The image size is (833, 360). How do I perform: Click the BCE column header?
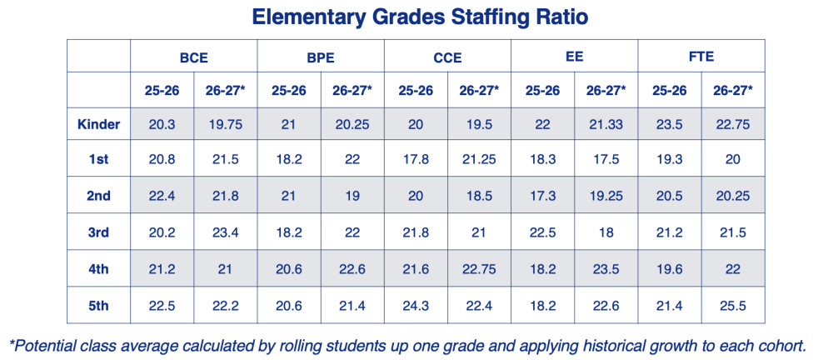click(x=193, y=58)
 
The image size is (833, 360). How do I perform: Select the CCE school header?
click(x=447, y=58)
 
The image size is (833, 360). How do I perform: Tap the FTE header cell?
click(x=701, y=58)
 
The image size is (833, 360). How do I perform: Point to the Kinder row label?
click(x=98, y=125)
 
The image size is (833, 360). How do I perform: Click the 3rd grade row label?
click(x=98, y=233)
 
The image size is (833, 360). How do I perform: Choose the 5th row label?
click(x=98, y=306)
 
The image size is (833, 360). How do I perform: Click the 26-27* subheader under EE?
click(x=606, y=91)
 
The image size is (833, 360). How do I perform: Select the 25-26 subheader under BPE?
click(x=288, y=91)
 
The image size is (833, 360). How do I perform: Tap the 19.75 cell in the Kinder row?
click(x=225, y=125)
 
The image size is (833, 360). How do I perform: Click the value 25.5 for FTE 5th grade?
click(x=733, y=306)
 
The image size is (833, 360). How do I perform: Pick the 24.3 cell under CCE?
click(x=416, y=306)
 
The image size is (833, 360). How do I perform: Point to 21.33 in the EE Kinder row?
click(x=606, y=125)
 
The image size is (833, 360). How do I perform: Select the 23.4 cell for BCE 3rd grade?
click(x=225, y=233)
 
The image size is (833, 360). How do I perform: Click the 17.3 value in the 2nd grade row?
click(x=542, y=197)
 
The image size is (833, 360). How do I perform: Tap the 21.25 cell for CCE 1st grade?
click(x=479, y=160)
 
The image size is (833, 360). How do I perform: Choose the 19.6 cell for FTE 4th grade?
click(x=669, y=269)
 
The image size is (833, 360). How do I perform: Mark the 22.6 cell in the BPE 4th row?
click(x=352, y=269)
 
